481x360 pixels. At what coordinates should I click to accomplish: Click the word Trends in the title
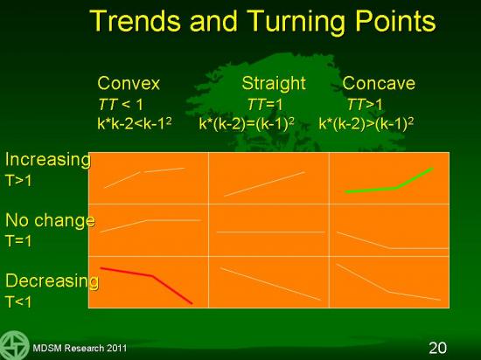(x=136, y=21)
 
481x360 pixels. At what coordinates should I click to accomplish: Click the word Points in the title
(x=395, y=21)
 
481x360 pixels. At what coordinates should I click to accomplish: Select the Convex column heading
(x=129, y=83)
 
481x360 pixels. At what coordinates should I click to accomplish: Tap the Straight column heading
(x=274, y=83)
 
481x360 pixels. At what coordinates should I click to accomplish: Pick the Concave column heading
(x=379, y=83)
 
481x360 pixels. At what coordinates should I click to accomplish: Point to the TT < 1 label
(x=121, y=105)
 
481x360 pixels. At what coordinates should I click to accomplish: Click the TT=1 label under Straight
(x=265, y=105)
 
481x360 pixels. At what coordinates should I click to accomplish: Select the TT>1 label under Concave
(x=365, y=105)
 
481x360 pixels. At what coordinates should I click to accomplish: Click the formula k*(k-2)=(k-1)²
(x=247, y=124)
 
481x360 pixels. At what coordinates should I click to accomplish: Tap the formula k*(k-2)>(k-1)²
(x=366, y=124)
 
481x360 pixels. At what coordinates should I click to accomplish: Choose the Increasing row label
(x=48, y=160)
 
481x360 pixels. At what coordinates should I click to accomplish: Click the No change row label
(x=51, y=220)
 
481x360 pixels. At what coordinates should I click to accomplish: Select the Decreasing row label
(x=52, y=281)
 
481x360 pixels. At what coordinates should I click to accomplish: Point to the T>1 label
(x=18, y=181)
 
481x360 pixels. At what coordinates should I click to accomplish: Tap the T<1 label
(x=18, y=301)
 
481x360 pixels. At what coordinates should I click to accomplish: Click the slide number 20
(x=438, y=348)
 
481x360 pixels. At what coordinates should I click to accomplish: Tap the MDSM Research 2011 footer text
(x=80, y=348)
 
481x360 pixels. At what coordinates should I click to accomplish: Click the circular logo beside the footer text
(x=14, y=345)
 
